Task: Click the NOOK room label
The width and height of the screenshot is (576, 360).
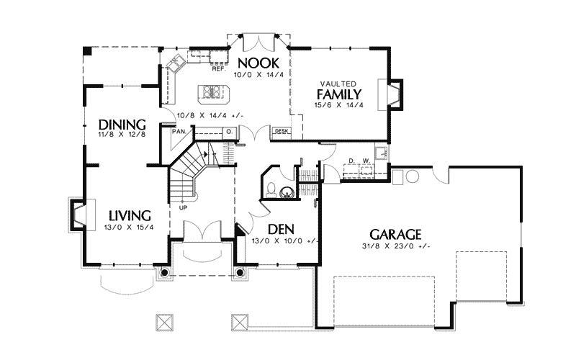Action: [258, 63]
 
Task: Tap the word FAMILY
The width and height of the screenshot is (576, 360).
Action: [339, 94]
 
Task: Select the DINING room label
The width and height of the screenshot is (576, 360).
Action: [122, 125]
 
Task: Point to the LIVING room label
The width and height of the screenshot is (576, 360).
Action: [130, 215]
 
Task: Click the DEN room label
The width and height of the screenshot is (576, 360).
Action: [281, 229]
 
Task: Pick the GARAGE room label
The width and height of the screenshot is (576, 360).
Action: [395, 235]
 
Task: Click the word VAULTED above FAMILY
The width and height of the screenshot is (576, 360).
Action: [338, 84]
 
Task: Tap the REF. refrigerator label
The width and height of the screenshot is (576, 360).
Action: [219, 68]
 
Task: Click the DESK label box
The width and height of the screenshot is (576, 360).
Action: [282, 131]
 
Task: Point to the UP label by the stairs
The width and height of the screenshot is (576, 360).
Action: [183, 208]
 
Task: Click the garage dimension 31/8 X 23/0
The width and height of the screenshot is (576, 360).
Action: [395, 246]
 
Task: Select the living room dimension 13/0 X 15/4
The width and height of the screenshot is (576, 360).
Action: [129, 228]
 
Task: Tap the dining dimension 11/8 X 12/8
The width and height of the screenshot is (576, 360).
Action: [122, 135]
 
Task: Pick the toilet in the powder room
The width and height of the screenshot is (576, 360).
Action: [271, 189]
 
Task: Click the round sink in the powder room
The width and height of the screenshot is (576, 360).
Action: [287, 192]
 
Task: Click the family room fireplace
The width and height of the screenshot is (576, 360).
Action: [390, 94]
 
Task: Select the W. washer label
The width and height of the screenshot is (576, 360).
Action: [366, 161]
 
